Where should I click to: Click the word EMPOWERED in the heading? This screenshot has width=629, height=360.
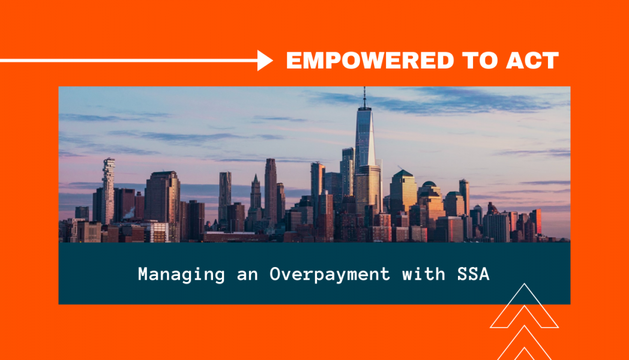pos(370,61)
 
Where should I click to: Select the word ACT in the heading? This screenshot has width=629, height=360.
pos(532,61)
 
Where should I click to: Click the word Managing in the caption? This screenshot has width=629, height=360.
pos(181,275)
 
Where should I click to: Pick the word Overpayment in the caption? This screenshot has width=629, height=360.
pos(330,275)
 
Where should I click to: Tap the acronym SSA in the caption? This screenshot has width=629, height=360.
pos(474,274)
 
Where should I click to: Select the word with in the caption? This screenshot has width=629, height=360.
pos(424,274)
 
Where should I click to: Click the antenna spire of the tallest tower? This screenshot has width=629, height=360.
pos(364,97)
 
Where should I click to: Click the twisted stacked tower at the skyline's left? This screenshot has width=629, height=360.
pos(108,190)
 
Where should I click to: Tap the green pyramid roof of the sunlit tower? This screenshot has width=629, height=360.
pos(403,173)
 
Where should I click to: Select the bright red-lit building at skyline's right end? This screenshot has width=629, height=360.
pos(537,221)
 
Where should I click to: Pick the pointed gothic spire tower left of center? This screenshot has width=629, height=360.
pos(256,196)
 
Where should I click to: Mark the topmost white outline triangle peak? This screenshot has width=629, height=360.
pos(525,285)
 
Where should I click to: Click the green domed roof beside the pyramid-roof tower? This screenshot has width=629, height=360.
pos(429,184)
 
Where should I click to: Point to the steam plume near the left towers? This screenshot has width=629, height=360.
pos(129,213)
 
